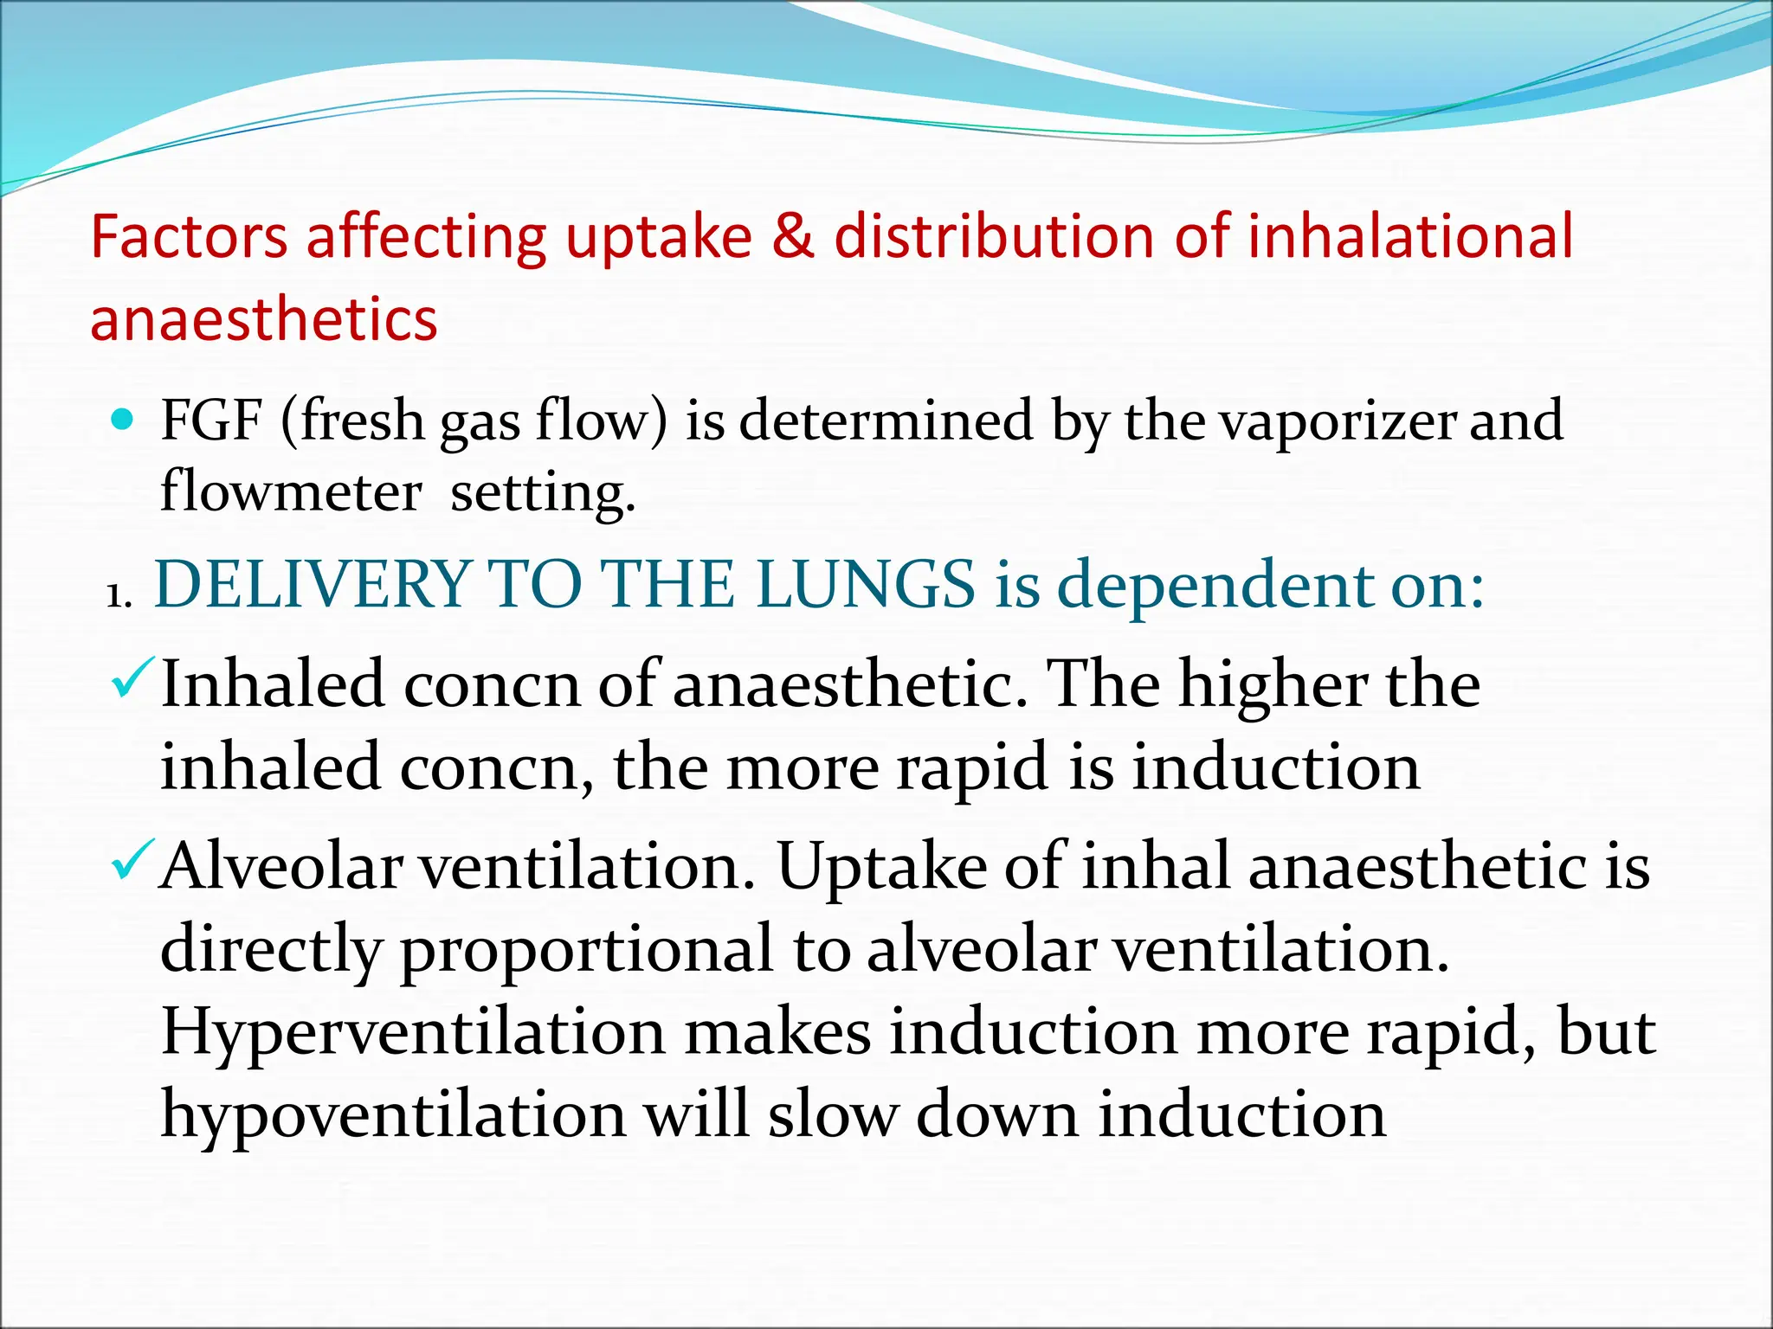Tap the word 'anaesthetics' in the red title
[264, 318]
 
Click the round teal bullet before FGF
[125, 421]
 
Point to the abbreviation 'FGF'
[211, 421]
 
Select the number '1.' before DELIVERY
[119, 596]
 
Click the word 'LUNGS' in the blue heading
[866, 585]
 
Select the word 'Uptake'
[882, 866]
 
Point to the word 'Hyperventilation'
[413, 1032]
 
